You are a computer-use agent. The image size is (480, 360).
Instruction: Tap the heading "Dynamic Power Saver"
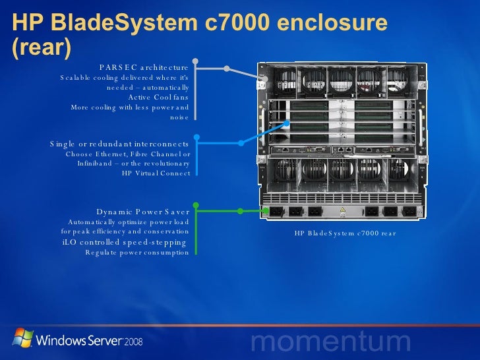click(142, 212)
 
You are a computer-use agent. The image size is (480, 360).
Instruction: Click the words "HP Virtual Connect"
click(156, 173)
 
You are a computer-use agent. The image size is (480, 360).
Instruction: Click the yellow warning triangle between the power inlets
click(342, 212)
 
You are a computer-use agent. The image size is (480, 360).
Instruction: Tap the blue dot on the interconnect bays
click(241, 141)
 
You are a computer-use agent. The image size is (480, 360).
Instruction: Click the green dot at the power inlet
click(240, 212)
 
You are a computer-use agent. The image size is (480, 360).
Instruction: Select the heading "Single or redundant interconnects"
click(119, 144)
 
